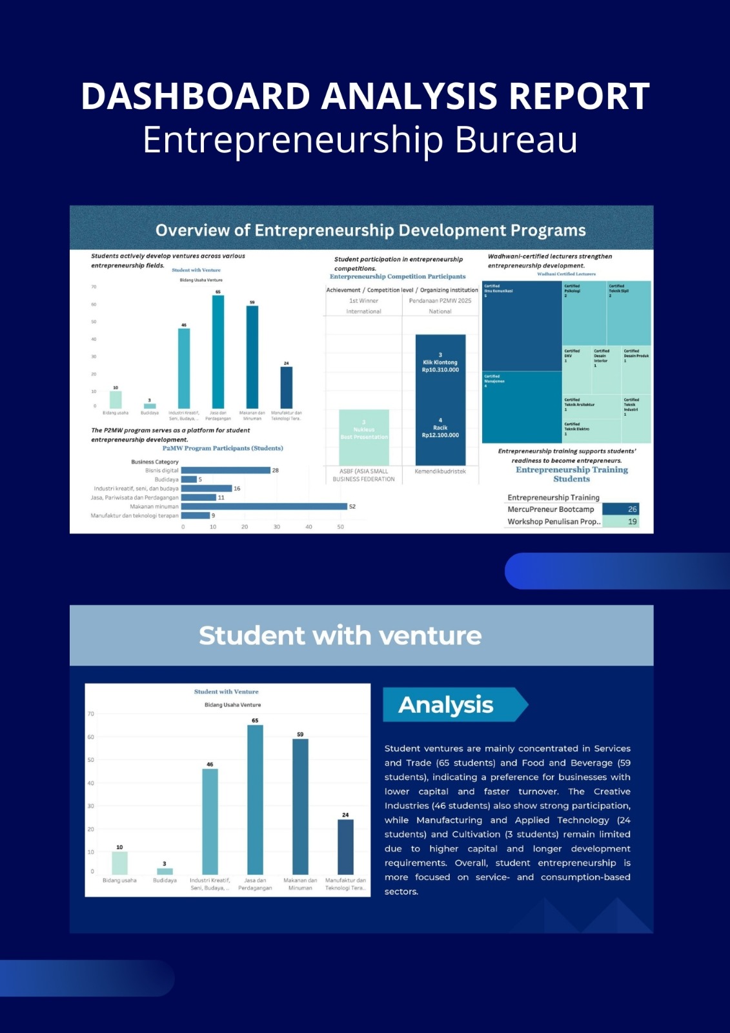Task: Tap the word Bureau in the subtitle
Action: coord(516,139)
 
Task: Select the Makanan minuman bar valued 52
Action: coord(264,507)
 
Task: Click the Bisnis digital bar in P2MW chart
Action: coord(225,471)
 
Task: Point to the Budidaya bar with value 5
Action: coord(188,480)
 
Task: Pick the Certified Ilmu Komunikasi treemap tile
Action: coord(522,326)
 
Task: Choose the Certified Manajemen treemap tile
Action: coord(522,407)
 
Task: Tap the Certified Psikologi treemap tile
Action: coord(583,313)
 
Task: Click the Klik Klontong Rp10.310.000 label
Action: coord(440,366)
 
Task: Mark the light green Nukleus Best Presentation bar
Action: coord(364,436)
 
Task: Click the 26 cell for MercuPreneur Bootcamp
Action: coord(620,509)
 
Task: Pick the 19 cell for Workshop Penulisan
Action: coord(620,522)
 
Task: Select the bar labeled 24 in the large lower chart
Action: coord(345,846)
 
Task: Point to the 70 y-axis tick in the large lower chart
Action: coord(91,714)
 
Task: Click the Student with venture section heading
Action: coord(340,636)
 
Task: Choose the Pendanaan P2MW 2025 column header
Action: coord(440,301)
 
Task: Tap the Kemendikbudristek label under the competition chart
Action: coord(440,471)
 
